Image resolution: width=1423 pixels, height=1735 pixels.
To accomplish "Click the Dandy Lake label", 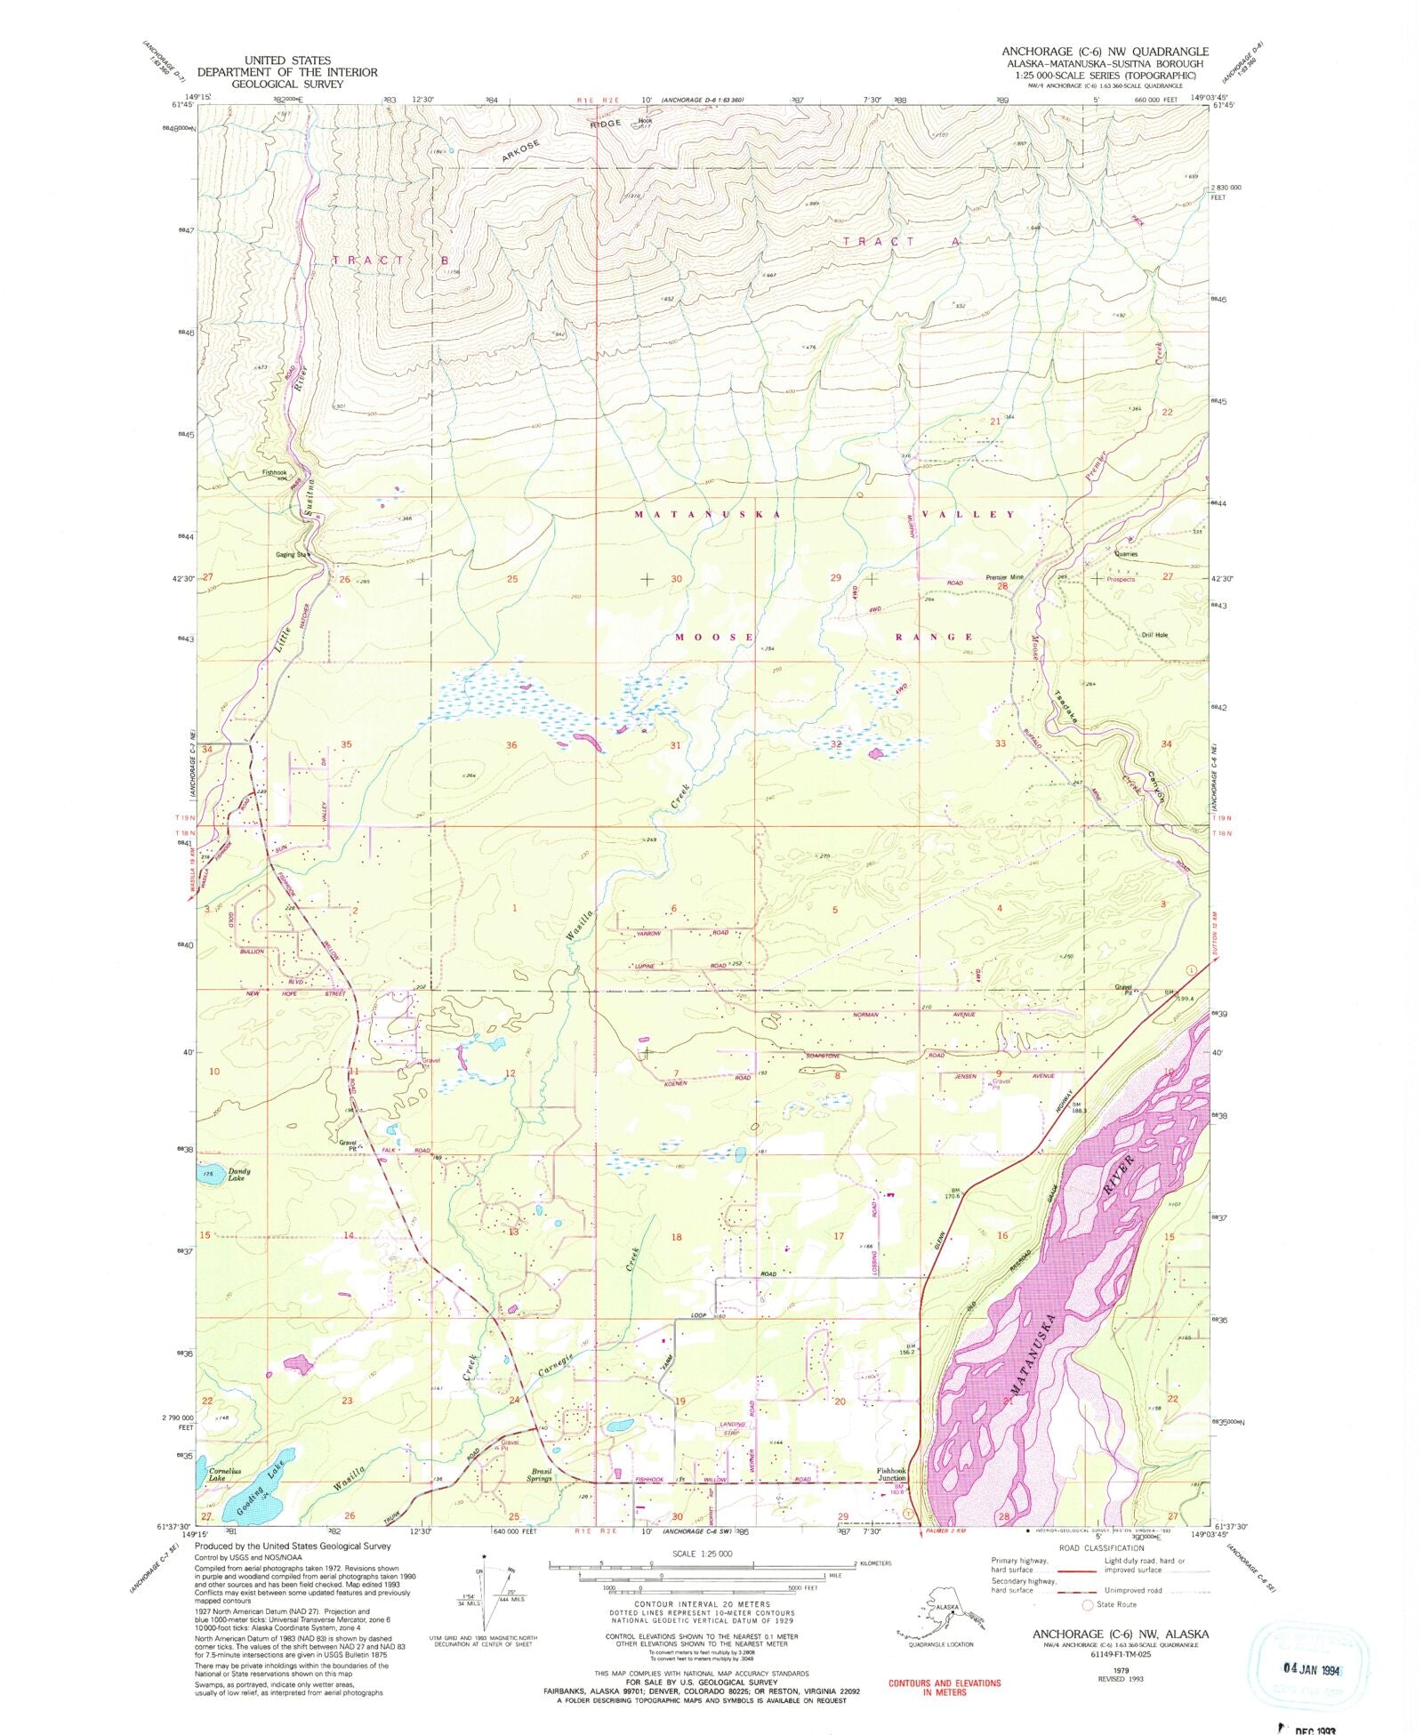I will pos(236,1175).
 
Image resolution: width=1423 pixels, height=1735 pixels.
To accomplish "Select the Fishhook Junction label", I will pos(891,1474).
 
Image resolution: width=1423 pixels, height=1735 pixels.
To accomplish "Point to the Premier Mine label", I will pos(1005,577).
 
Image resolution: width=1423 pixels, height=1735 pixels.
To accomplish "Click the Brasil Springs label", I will pos(541,1474).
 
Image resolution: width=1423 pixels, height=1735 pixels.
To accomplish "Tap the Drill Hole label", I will pos(1154,635).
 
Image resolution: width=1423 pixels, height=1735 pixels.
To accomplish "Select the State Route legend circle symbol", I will pos(1086,1605).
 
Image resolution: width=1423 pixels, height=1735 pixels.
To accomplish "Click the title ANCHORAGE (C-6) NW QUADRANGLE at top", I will pos(1105,52).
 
